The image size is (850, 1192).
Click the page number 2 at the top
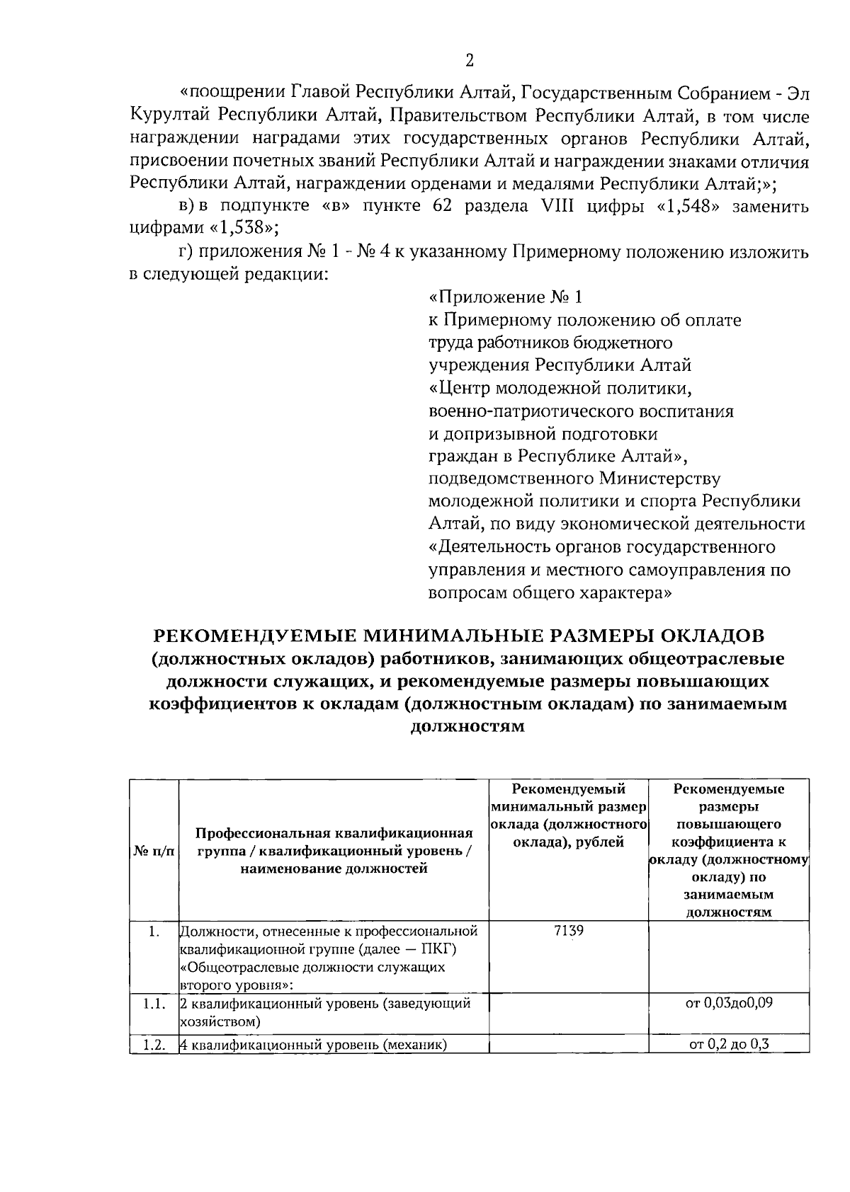tap(469, 61)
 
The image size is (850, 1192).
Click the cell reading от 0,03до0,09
tap(729, 1004)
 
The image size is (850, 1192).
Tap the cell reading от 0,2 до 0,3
tap(729, 1045)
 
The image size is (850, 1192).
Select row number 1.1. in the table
tap(154, 1004)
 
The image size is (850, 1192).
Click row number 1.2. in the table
tap(154, 1045)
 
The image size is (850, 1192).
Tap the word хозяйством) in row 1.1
tap(220, 1021)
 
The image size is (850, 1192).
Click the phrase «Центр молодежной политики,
tap(560, 389)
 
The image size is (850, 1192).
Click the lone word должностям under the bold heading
tap(467, 727)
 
